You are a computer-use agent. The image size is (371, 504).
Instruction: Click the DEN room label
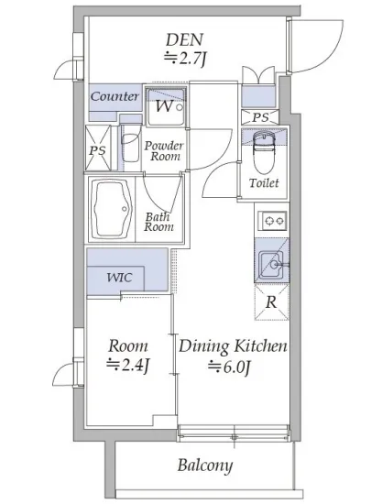click(x=184, y=39)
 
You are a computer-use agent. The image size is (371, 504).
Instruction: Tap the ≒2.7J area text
click(x=185, y=59)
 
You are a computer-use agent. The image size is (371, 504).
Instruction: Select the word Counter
click(x=115, y=96)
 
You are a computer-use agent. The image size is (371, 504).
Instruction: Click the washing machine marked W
click(x=167, y=107)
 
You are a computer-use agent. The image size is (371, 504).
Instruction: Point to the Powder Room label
click(x=164, y=151)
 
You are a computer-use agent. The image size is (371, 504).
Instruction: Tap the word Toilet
click(x=264, y=183)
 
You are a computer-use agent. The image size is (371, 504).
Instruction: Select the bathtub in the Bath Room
click(x=111, y=209)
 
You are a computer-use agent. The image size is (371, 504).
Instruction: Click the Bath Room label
click(x=158, y=222)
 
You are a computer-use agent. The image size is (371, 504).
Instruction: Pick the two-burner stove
click(x=272, y=221)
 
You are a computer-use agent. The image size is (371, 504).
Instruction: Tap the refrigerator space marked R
click(x=272, y=302)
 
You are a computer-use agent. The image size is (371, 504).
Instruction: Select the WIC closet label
click(x=119, y=278)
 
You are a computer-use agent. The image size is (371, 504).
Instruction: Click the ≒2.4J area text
click(x=128, y=366)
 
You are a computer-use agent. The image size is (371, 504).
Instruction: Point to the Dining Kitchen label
click(x=233, y=346)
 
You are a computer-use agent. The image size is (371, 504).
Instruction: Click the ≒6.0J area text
click(x=229, y=367)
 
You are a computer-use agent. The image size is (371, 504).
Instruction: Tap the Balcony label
click(x=205, y=466)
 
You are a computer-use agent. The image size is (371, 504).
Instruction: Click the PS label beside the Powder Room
click(x=98, y=150)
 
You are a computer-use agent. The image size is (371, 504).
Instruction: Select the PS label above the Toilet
click(x=260, y=117)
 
